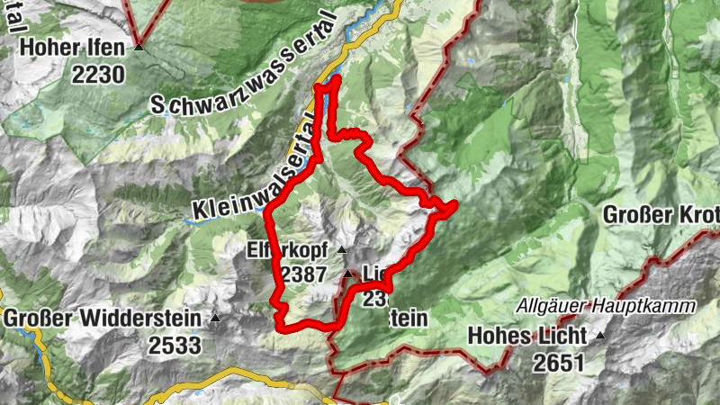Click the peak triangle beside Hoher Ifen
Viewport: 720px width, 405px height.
point(139,47)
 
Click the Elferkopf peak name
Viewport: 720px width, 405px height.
point(288,251)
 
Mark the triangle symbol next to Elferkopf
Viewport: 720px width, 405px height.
point(341,249)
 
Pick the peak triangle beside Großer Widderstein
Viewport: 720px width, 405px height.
point(215,318)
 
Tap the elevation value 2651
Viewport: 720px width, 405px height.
point(557,363)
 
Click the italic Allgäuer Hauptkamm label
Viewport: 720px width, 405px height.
point(606,307)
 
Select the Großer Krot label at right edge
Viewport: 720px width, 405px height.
point(661,215)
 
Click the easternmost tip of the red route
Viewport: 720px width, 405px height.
point(454,206)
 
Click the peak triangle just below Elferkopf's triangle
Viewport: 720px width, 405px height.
point(348,273)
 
